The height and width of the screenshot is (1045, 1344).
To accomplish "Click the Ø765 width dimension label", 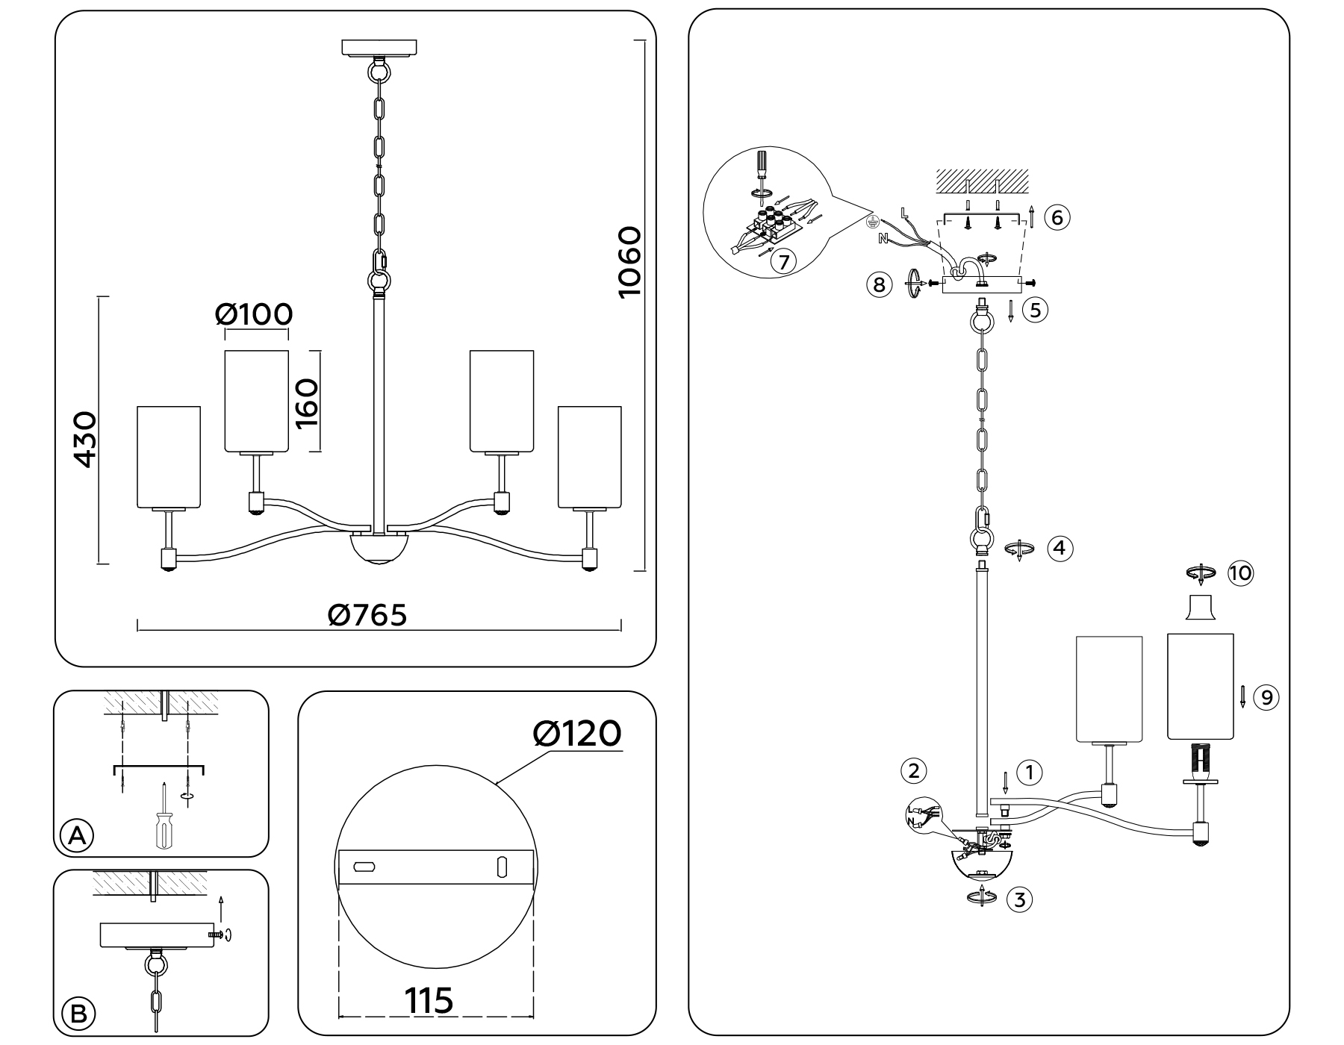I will point(367,615).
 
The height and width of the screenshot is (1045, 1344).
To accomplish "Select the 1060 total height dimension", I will point(629,262).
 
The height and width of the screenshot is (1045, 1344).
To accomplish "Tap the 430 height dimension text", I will point(85,439).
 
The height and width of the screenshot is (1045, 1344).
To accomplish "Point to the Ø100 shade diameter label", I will point(254,314).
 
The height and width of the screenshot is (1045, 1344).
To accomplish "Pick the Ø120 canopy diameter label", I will point(576,734).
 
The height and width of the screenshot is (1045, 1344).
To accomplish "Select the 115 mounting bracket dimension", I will point(429,1000).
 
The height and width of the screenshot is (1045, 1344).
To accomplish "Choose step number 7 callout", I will point(783,262).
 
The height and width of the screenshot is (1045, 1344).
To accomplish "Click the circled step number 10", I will point(1239,573).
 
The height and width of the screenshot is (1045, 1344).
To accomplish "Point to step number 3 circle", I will point(1019,899).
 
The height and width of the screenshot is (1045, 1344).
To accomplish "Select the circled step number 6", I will point(1057,217).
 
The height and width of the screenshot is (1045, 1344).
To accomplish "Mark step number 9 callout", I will point(1266,697).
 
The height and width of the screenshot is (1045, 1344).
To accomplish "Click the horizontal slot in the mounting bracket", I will point(364,867).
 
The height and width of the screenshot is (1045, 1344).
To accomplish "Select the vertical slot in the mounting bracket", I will point(502,867).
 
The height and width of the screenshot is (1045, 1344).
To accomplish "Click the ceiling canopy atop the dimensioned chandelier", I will point(379,48).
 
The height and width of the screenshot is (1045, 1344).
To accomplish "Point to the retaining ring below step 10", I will point(1200,608).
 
